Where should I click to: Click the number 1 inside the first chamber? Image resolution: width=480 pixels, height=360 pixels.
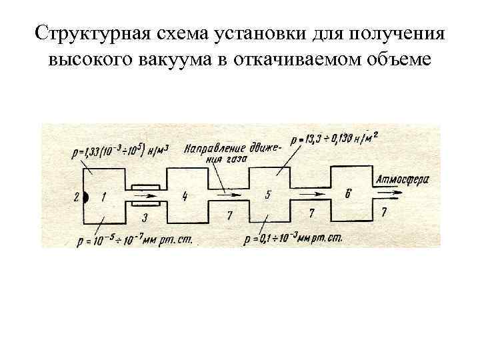tap(104, 196)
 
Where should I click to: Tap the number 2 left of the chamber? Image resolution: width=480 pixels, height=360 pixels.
tap(77, 196)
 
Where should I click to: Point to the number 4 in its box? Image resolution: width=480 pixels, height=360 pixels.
tap(185, 195)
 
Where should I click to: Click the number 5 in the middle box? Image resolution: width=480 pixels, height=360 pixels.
tap(268, 195)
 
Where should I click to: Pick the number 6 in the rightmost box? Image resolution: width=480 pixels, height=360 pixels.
tap(348, 193)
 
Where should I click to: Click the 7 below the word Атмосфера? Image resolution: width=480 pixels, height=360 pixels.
tap(384, 211)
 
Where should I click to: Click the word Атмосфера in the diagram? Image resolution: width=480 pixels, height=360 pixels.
tap(402, 179)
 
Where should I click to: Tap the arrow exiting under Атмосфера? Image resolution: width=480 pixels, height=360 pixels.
tap(390, 193)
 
